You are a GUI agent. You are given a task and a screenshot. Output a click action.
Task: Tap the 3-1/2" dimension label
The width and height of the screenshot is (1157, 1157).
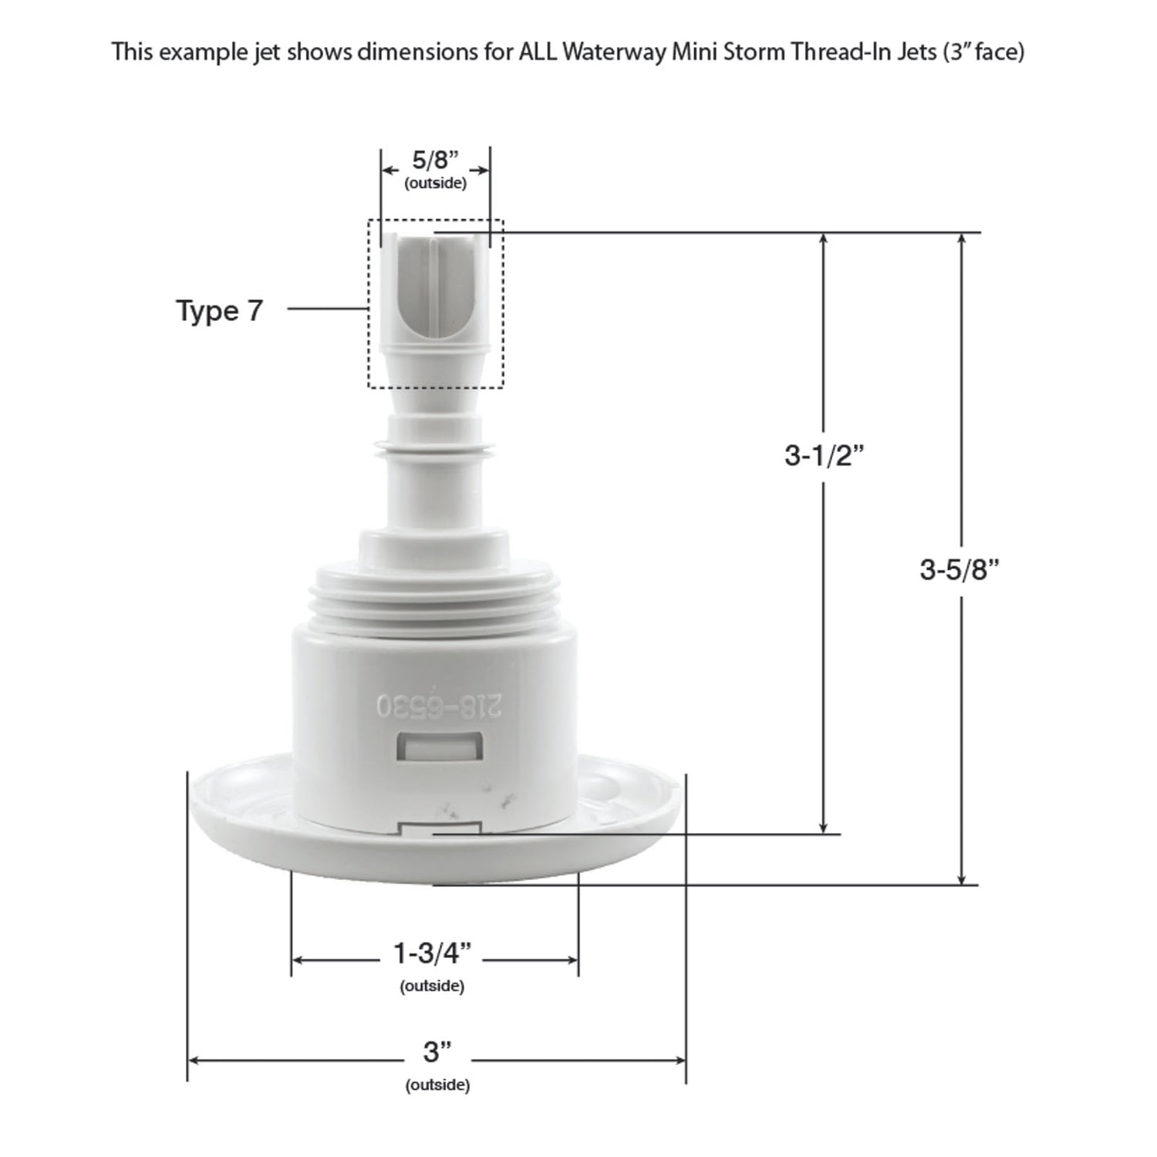pyautogui.click(x=823, y=456)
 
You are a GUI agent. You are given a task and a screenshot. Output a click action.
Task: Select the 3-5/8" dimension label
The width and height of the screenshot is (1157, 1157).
pyautogui.click(x=960, y=570)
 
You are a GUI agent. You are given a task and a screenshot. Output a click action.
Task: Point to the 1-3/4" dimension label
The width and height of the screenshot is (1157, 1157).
pyautogui.click(x=432, y=954)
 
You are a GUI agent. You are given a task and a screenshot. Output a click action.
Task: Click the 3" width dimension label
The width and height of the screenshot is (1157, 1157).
pyautogui.click(x=437, y=1051)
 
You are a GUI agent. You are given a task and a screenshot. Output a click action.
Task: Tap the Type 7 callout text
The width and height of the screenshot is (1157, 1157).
pyautogui.click(x=220, y=310)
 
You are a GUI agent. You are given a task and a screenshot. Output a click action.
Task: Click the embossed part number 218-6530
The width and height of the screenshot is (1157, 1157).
pyautogui.click(x=438, y=705)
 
